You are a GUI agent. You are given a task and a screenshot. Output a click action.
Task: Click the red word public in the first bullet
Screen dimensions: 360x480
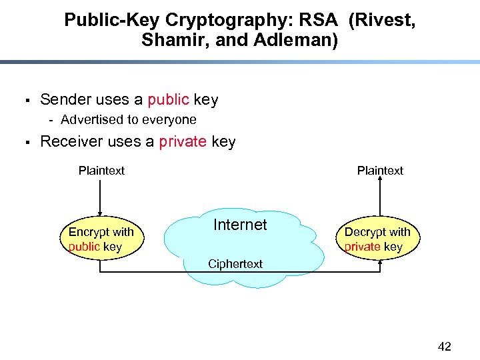point(168,100)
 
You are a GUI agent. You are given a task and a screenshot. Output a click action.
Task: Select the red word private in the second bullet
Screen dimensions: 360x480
point(183,142)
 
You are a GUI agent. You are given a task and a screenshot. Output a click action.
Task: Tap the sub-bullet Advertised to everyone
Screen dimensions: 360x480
point(128,120)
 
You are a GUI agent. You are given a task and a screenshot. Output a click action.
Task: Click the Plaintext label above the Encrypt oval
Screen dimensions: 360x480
point(101,171)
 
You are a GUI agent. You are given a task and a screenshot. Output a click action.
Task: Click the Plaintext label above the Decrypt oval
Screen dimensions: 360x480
point(380,171)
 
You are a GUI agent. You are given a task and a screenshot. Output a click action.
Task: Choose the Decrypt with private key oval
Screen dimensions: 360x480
point(377,239)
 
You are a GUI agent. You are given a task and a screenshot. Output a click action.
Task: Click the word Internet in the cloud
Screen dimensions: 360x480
point(240,225)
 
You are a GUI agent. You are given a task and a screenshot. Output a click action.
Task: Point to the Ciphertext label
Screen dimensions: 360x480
point(235,264)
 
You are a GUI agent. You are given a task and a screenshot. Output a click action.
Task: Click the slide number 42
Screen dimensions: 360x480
point(444,346)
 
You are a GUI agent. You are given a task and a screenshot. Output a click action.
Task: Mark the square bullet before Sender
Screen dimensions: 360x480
point(23,101)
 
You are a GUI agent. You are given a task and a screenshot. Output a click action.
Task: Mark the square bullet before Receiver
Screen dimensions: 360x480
point(23,143)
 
